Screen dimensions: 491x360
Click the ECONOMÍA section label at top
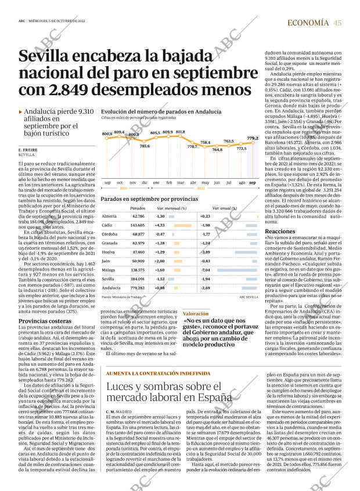tap(308, 23)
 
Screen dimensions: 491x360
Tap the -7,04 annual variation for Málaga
tap(205, 270)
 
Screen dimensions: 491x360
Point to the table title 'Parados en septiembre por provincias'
tap(141, 198)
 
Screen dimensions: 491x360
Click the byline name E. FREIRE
tap(28, 150)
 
